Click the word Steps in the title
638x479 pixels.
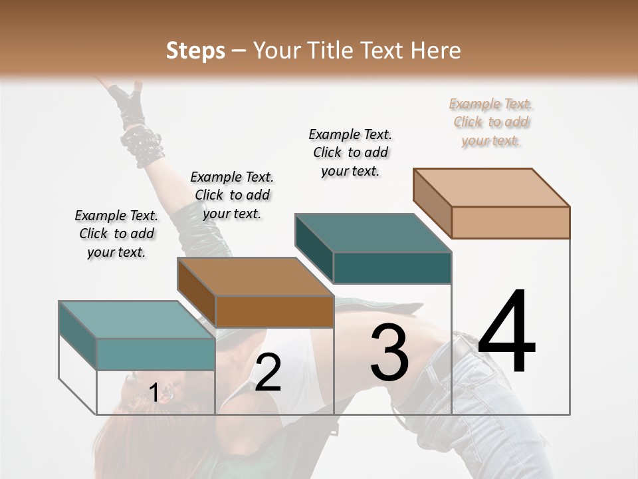coord(195,51)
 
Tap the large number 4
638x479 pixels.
coord(506,332)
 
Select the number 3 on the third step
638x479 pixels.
coord(389,353)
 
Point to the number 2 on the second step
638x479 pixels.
coord(268,373)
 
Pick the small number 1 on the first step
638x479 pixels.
coord(154,393)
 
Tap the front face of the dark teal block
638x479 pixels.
coord(392,267)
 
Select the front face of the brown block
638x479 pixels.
coord(274,311)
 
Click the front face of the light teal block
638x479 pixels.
coord(156,354)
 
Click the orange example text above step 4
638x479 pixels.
coord(491,122)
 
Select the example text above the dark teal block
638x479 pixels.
coord(350,152)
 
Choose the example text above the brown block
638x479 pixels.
coord(232,195)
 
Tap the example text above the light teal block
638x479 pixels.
coord(116,234)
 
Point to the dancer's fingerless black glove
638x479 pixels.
coord(128,100)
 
